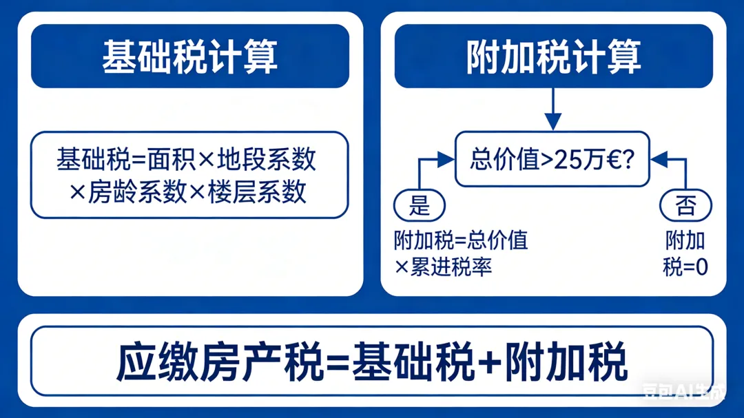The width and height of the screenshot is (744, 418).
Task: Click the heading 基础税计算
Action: coord(189,56)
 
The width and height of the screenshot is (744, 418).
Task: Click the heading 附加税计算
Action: coord(553,56)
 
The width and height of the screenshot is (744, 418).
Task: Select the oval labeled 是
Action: coord(419,205)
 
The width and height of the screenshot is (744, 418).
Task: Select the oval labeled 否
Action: coord(685,205)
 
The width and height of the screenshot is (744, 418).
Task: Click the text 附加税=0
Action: coord(685,253)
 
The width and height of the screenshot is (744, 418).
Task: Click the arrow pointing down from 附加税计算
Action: coord(553,110)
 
